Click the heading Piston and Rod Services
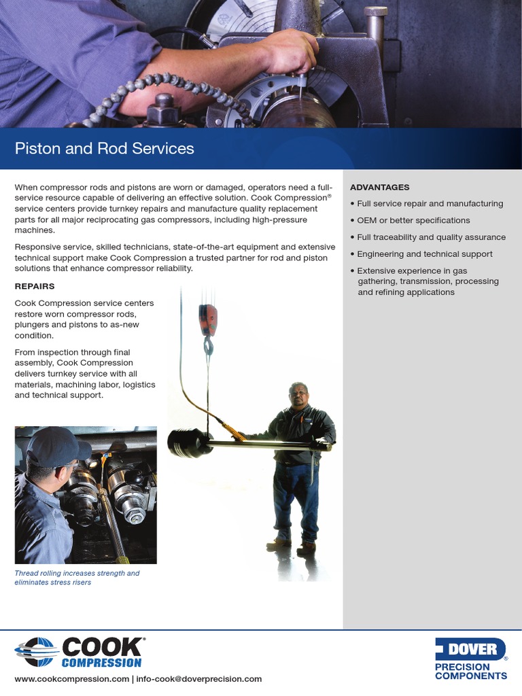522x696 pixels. tap(105, 149)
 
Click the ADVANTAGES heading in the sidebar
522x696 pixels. tap(379, 187)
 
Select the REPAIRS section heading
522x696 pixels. tap(34, 286)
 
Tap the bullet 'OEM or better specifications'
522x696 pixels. tap(413, 220)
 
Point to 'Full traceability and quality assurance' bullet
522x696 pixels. tap(431, 237)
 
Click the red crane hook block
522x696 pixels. tap(208, 319)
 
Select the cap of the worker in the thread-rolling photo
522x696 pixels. tap(54, 445)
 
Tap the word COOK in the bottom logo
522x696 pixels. tap(102, 646)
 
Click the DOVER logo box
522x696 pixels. tap(470, 649)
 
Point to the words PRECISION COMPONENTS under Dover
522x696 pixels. tap(470, 672)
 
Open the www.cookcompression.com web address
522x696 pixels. tap(71, 679)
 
